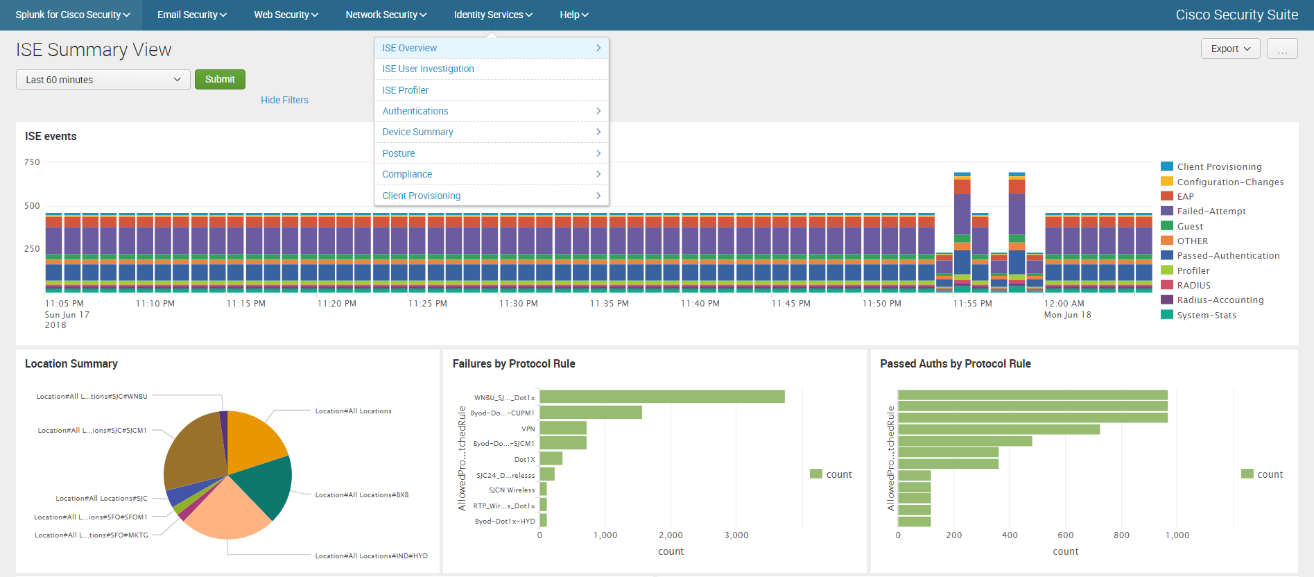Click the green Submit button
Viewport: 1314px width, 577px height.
click(x=220, y=79)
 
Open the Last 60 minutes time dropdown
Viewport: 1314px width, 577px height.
click(x=103, y=80)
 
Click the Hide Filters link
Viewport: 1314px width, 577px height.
click(x=284, y=100)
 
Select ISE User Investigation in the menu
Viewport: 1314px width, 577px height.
click(x=428, y=69)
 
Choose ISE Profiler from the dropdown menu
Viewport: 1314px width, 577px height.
click(x=405, y=90)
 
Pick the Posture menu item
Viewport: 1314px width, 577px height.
click(x=399, y=153)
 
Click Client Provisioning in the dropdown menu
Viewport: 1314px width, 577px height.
click(x=421, y=196)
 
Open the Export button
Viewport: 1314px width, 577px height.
click(x=1229, y=49)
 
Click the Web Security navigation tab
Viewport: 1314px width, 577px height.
click(x=285, y=15)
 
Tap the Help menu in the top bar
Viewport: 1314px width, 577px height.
click(x=573, y=15)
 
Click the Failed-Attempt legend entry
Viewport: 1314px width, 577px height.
click(x=1211, y=212)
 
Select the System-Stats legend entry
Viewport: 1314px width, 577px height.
click(x=1206, y=316)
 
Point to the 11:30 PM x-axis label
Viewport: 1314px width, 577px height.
click(x=518, y=304)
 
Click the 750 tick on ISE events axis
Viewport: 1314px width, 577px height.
click(x=32, y=162)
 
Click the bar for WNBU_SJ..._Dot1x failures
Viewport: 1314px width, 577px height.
click(x=662, y=397)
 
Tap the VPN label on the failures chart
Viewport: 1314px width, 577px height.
click(x=528, y=429)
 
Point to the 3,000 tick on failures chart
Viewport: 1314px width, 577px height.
click(x=736, y=535)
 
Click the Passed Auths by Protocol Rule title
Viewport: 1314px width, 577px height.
click(x=955, y=363)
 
